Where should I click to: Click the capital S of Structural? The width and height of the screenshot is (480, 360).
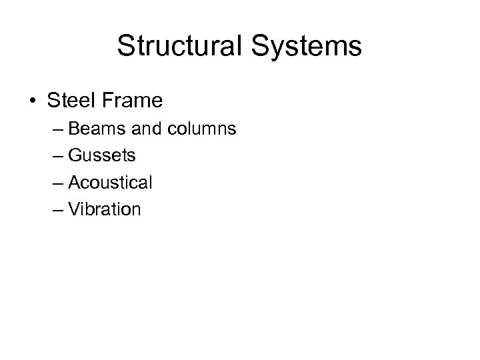[125, 47]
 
